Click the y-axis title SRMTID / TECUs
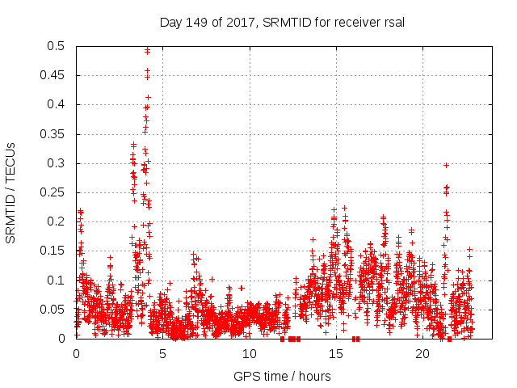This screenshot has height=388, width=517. (x=11, y=192)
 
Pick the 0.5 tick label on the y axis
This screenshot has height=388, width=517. (x=57, y=46)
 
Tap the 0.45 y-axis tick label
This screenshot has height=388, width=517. (x=53, y=75)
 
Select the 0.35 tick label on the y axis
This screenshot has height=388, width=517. (x=53, y=134)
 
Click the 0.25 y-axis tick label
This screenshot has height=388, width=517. (x=53, y=192)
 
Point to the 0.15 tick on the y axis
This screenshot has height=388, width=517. (x=53, y=251)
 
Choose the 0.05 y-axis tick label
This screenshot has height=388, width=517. (x=53, y=310)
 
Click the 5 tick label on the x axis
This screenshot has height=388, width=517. (x=162, y=354)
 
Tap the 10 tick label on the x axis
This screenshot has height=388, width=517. (x=249, y=354)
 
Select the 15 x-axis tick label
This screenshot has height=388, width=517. (x=335, y=354)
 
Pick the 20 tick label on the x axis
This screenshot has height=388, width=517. (x=422, y=354)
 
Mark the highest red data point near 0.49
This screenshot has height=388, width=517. (x=147, y=51)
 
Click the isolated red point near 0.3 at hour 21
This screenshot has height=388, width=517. (x=446, y=165)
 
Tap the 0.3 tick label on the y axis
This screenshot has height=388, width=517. (x=57, y=163)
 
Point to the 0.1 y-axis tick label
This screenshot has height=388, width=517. (x=57, y=280)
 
